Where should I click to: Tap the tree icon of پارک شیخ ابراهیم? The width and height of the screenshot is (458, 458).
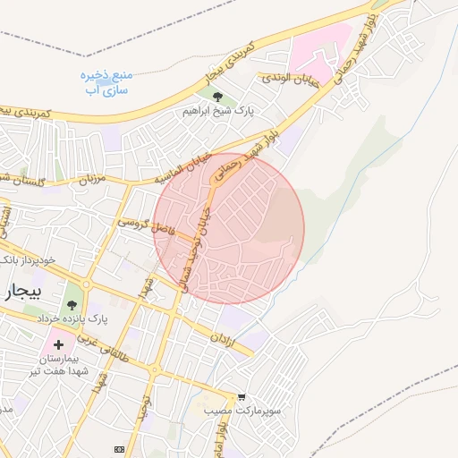[x=217, y=97]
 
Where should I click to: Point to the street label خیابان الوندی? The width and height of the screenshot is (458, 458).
[x=288, y=78]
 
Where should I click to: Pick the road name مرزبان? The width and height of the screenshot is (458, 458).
[x=90, y=179]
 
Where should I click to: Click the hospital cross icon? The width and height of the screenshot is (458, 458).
[x=59, y=344]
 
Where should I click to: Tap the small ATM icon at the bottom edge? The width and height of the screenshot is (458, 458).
[x=118, y=448]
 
